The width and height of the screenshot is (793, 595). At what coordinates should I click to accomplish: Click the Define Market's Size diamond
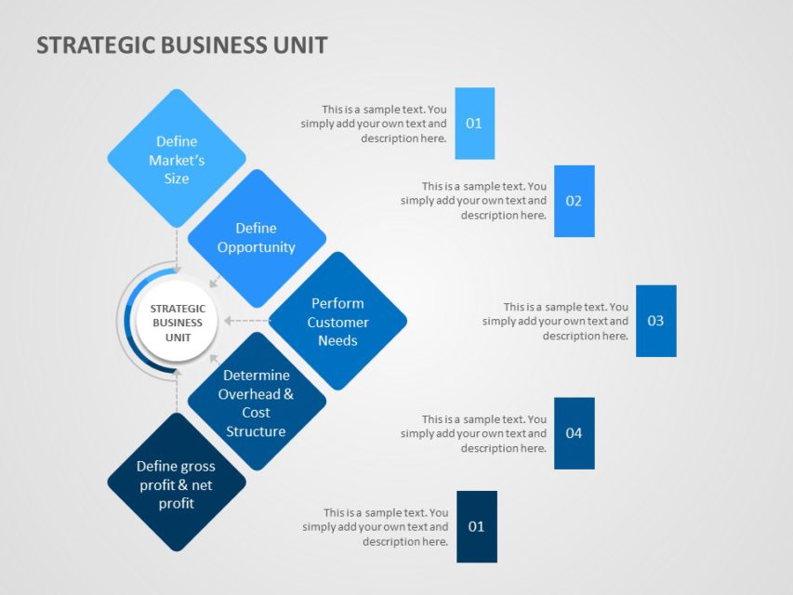click(x=177, y=158)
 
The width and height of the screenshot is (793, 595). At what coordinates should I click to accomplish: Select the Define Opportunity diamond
click(x=257, y=238)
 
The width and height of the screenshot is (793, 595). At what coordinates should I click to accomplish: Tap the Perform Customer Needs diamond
click(x=337, y=322)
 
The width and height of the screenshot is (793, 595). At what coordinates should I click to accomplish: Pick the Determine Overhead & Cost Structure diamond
click(x=257, y=403)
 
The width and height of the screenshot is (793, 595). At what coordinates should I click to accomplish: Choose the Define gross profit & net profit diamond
click(x=177, y=483)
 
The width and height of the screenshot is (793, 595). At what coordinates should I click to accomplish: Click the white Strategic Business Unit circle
click(x=177, y=322)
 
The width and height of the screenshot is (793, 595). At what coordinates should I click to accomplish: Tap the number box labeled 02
click(x=574, y=201)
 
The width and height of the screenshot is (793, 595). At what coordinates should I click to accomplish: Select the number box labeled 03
click(x=655, y=321)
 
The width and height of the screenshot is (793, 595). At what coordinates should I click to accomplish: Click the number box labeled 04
click(x=574, y=433)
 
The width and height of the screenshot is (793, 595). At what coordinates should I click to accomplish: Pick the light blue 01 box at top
click(x=474, y=124)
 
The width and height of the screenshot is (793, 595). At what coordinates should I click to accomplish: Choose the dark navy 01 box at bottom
click(x=476, y=527)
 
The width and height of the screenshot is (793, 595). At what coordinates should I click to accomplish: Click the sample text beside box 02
click(x=474, y=201)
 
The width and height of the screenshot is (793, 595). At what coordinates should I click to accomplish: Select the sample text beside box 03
click(x=556, y=321)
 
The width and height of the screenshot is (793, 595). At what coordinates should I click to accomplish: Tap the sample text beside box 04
click(x=474, y=433)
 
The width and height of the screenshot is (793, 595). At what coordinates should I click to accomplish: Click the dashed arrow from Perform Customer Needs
click(x=246, y=322)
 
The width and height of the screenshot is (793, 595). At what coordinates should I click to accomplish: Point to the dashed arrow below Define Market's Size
click(x=177, y=246)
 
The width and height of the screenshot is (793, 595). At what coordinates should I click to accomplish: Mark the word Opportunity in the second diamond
click(x=257, y=247)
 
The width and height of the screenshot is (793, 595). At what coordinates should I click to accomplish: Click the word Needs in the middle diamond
click(x=337, y=340)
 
